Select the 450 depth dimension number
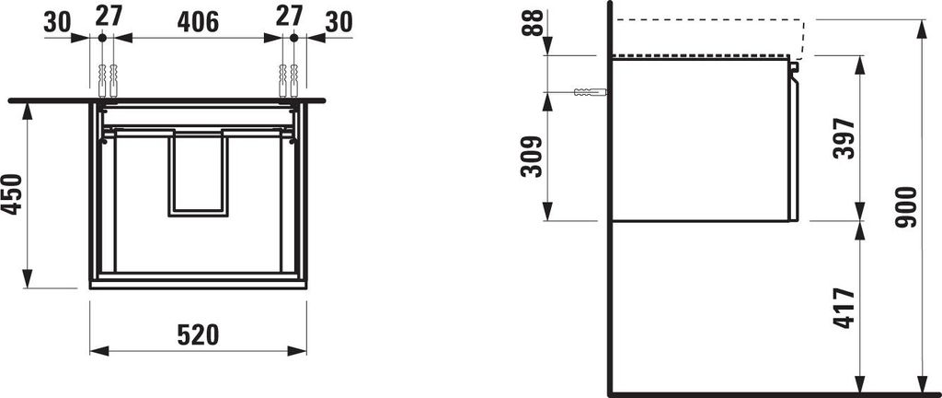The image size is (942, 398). pyautogui.click(x=12, y=193)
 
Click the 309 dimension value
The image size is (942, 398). pyautogui.click(x=532, y=158)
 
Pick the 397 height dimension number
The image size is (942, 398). pyautogui.click(x=844, y=139)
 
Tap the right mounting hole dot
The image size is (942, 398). pyautogui.click(x=293, y=38)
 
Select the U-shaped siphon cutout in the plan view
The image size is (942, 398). pyautogui.click(x=198, y=175)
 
